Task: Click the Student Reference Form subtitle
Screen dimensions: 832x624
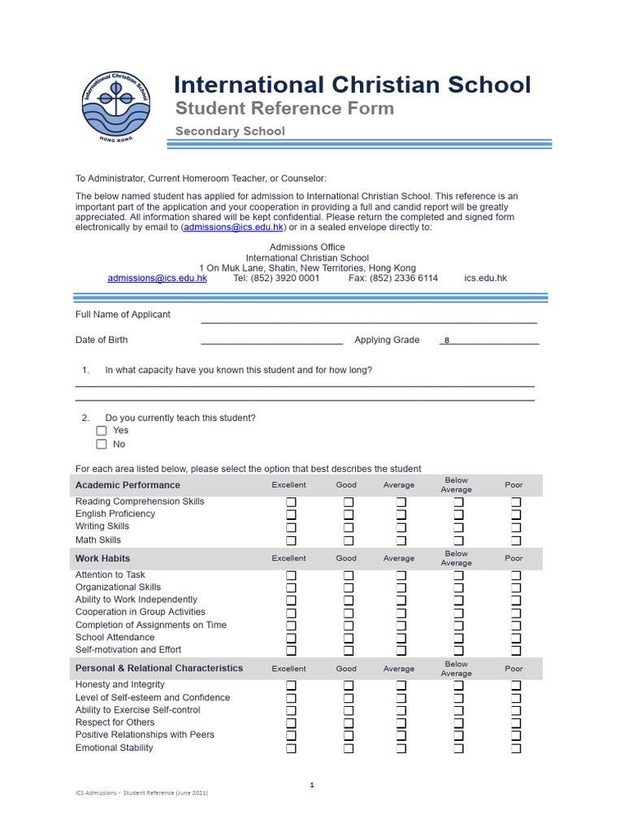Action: coord(285,109)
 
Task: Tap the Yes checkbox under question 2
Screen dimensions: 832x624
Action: coord(102,431)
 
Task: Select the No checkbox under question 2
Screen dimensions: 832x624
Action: coord(102,444)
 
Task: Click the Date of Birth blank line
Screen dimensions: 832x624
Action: coord(271,341)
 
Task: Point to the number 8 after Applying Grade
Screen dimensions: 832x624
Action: coord(447,341)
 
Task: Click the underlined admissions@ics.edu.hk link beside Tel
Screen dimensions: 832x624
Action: coord(157,278)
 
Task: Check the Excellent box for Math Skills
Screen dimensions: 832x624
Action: coord(291,540)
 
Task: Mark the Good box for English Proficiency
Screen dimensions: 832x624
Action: coord(349,514)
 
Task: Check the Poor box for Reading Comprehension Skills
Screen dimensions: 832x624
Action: coord(516,502)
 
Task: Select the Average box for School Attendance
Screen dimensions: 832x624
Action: coord(401,638)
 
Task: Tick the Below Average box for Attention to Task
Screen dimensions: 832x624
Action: coord(458,575)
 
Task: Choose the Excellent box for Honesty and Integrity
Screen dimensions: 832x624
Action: coord(291,686)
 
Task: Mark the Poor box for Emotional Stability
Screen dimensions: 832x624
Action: coord(516,748)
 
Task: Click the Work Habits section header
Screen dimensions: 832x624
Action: coord(102,558)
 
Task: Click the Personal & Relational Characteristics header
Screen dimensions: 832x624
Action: coord(159,668)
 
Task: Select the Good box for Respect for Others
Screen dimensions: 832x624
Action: coord(349,723)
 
